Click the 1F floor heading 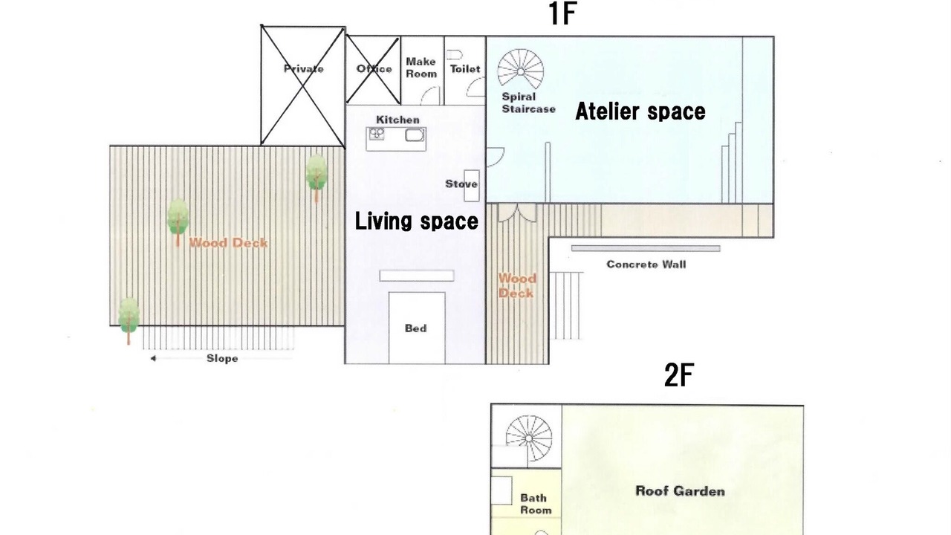pos(562,13)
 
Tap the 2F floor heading pos(679,375)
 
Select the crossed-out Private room pos(302,85)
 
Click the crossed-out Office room pos(373,70)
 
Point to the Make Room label pos(421,68)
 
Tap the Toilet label pos(465,69)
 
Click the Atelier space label pos(640,111)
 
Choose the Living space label pos(417,221)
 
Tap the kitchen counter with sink pos(396,139)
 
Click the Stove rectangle pos(472,186)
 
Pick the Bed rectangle pos(417,328)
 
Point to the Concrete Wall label pos(646,265)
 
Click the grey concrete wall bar pos(646,248)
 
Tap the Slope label pos(222,358)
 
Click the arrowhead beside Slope pos(153,358)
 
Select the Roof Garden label pos(680,491)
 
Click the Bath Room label pos(536,504)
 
